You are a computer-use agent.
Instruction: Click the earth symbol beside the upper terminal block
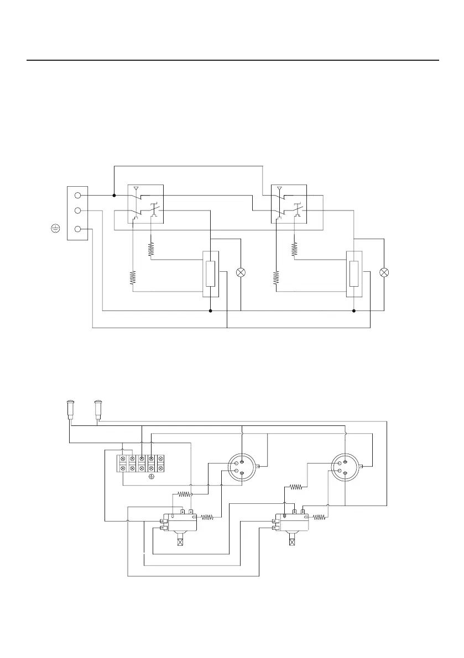click(55, 229)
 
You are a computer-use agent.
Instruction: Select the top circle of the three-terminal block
click(78, 195)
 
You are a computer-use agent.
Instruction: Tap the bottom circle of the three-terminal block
click(78, 229)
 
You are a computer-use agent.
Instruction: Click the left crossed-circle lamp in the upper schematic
click(241, 272)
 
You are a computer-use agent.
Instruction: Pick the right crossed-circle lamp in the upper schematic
click(384, 272)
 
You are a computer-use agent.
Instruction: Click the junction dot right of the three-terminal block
click(114, 195)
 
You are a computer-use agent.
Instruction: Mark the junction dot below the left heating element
click(210, 310)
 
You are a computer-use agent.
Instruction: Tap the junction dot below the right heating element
click(353, 310)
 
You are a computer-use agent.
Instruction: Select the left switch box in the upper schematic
click(145, 204)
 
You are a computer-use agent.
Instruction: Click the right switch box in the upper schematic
click(289, 204)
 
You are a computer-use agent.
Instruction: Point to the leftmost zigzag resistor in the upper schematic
click(133, 278)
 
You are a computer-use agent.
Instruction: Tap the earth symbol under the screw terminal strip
click(151, 475)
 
